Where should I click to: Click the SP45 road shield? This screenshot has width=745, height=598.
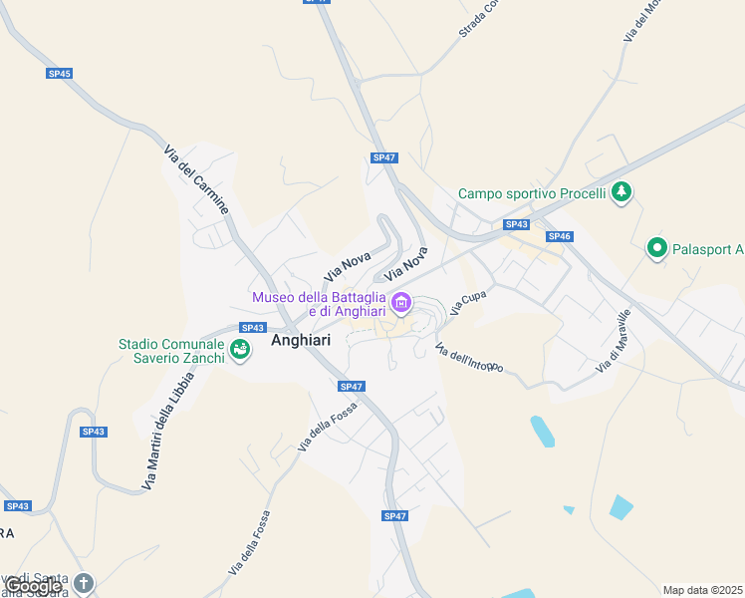59,74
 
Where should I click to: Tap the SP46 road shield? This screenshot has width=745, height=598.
559,236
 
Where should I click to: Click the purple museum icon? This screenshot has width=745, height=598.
401,302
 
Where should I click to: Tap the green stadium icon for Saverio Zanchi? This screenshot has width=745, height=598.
239,349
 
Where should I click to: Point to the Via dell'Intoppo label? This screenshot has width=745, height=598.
469,359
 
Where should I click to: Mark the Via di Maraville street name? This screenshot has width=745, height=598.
614,342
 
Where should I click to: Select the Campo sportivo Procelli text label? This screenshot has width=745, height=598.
532,193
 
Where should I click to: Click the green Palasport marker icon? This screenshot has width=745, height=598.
656,248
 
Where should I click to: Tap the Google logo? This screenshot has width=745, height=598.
33,586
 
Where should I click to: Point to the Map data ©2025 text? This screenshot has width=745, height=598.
703,590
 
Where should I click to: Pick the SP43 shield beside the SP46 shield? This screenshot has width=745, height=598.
516,225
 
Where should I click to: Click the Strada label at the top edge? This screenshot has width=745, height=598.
477,19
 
